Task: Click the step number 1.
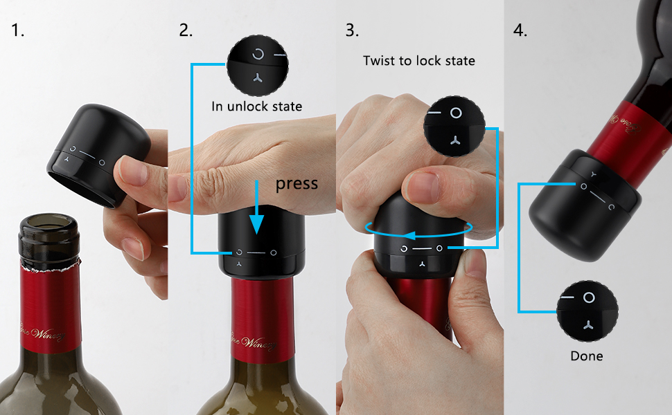click(x=17, y=30)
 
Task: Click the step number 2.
click(x=185, y=30)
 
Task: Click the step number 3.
click(x=352, y=30)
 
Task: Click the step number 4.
click(x=520, y=30)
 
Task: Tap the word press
click(x=297, y=183)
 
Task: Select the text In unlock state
click(x=256, y=107)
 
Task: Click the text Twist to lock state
click(x=419, y=61)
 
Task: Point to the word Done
click(x=586, y=356)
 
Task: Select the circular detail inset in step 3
click(x=454, y=124)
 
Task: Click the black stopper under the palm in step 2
click(x=257, y=246)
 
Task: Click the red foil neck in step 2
click(x=257, y=318)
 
